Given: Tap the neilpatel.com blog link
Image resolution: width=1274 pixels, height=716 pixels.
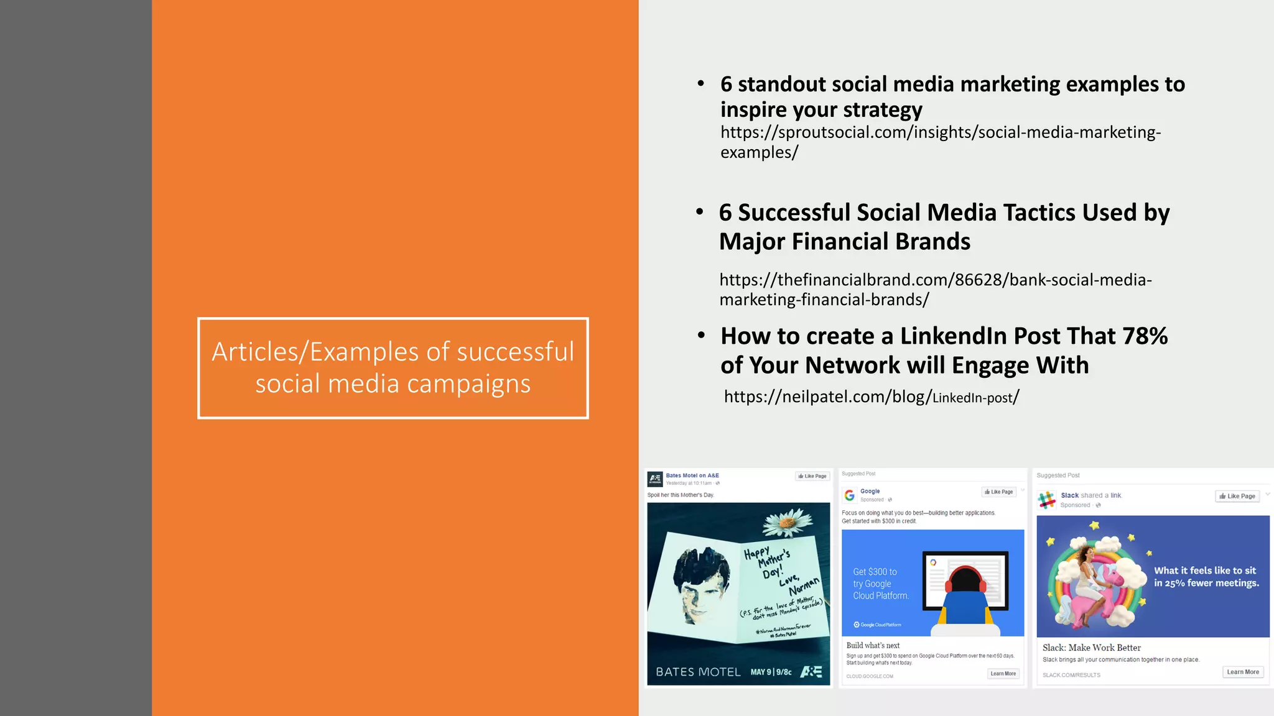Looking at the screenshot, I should [x=871, y=397].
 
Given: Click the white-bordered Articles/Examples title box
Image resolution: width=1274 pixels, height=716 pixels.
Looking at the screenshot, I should [x=393, y=368].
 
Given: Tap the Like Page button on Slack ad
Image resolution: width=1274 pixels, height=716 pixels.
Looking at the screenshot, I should [x=1237, y=496].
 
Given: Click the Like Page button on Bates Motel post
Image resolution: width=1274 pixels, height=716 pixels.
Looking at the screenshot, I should [x=812, y=476].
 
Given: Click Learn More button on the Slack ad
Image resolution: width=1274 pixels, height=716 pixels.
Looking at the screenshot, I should [x=1242, y=672].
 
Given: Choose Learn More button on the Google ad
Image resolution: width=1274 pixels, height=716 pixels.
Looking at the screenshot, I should [x=1003, y=674].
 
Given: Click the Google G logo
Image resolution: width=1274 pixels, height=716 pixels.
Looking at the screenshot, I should [x=849, y=495].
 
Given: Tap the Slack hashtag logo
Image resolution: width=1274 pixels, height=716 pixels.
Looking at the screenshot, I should [x=1047, y=499].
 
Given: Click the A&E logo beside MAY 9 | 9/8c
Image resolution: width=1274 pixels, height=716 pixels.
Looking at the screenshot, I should [x=811, y=672].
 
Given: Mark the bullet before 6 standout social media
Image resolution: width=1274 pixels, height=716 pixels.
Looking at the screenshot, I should [x=701, y=84].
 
